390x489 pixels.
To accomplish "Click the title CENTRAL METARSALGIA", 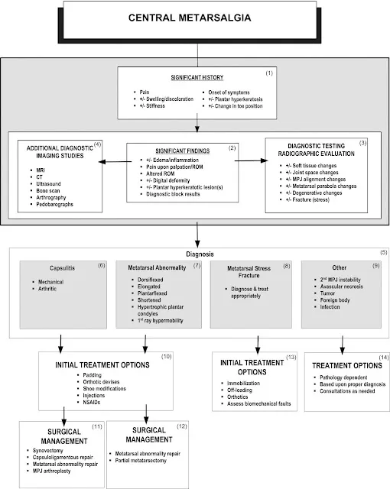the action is click(190, 18).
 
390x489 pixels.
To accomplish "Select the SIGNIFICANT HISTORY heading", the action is click(197, 77).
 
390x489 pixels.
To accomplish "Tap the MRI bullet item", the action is click(41, 170).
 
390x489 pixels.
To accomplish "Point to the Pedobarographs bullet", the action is click(54, 204).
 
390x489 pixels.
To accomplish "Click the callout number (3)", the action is click(362, 143).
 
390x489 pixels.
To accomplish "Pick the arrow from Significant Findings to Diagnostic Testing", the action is click(251, 160).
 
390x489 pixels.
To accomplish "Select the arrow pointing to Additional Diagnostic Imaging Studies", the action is click(115, 161).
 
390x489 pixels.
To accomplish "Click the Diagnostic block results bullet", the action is click(173, 194).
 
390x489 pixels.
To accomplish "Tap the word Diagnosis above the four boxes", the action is click(200, 254).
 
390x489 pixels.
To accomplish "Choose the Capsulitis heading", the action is click(63, 268).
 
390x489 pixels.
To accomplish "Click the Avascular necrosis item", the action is click(341, 287).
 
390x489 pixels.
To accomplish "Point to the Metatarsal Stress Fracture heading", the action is click(249, 272).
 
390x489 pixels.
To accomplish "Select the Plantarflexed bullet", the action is click(152, 293).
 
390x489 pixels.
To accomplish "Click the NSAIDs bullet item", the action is click(92, 403).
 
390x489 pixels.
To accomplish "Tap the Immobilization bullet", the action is click(243, 384).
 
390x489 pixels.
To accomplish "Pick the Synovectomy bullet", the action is click(47, 451).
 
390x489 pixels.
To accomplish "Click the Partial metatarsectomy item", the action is click(141, 461).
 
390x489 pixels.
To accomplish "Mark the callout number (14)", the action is click(384, 358).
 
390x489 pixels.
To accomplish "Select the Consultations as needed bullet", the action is click(347, 391).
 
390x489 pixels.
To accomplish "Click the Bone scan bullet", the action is click(47, 190).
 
